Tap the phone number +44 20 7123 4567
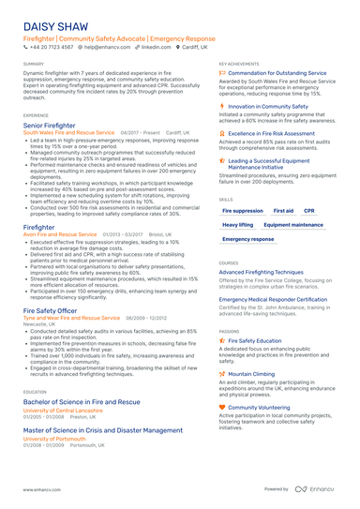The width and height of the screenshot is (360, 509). [x=52, y=53]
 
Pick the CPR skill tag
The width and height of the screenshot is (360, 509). [x=309, y=211]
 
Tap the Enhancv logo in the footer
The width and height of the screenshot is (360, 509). [x=316, y=489]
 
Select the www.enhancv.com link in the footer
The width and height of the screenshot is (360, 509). [x=42, y=489]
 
